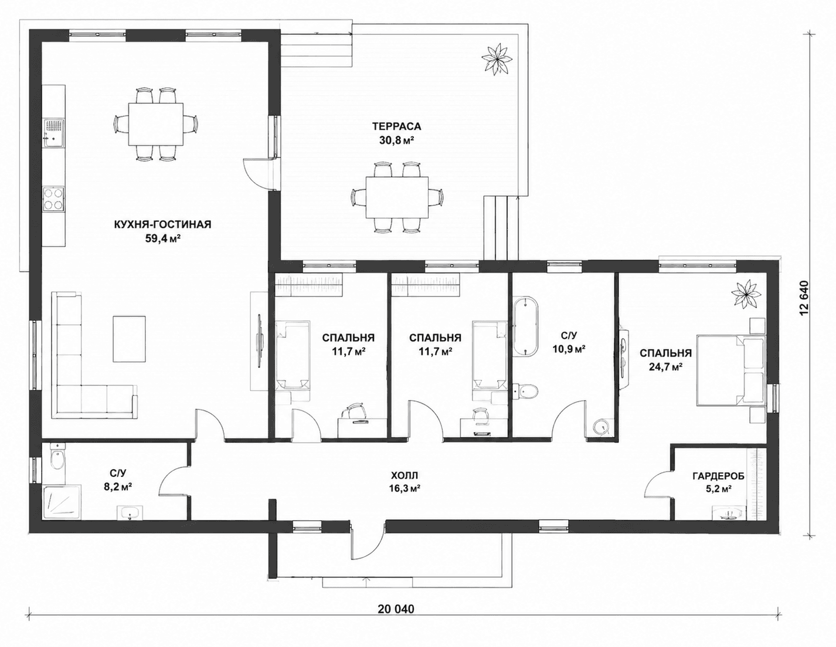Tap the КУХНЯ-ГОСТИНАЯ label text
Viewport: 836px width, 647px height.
point(163,225)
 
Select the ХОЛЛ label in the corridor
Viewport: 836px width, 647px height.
point(404,475)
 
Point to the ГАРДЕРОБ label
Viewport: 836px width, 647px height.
point(718,476)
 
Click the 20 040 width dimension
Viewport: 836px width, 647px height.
point(396,609)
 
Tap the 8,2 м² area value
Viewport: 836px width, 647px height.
point(118,486)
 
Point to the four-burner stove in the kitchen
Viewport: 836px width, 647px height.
point(53,199)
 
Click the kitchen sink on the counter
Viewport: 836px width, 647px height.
point(53,131)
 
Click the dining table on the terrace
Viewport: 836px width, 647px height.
point(397,197)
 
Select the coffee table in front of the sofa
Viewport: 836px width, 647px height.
point(129,338)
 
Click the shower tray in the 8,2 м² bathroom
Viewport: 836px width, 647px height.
point(63,503)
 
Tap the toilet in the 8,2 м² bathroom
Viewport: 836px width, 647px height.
point(57,458)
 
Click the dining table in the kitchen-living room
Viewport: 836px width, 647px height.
point(155,124)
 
